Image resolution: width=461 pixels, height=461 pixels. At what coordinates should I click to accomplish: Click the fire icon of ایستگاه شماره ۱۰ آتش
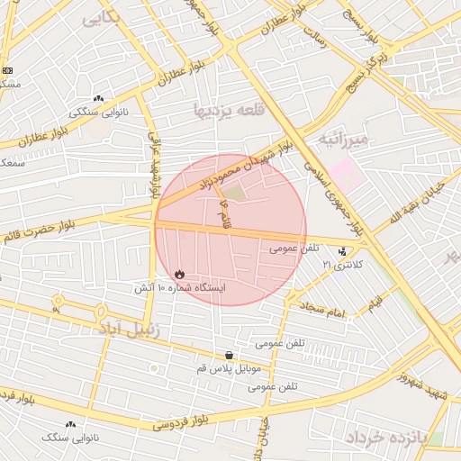tap(178, 273)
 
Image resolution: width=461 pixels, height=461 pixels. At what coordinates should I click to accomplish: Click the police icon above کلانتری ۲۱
tap(342, 252)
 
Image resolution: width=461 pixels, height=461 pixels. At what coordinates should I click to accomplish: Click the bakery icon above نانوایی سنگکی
tap(97, 98)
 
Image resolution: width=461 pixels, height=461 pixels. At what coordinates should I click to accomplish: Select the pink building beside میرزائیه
tap(347, 172)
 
